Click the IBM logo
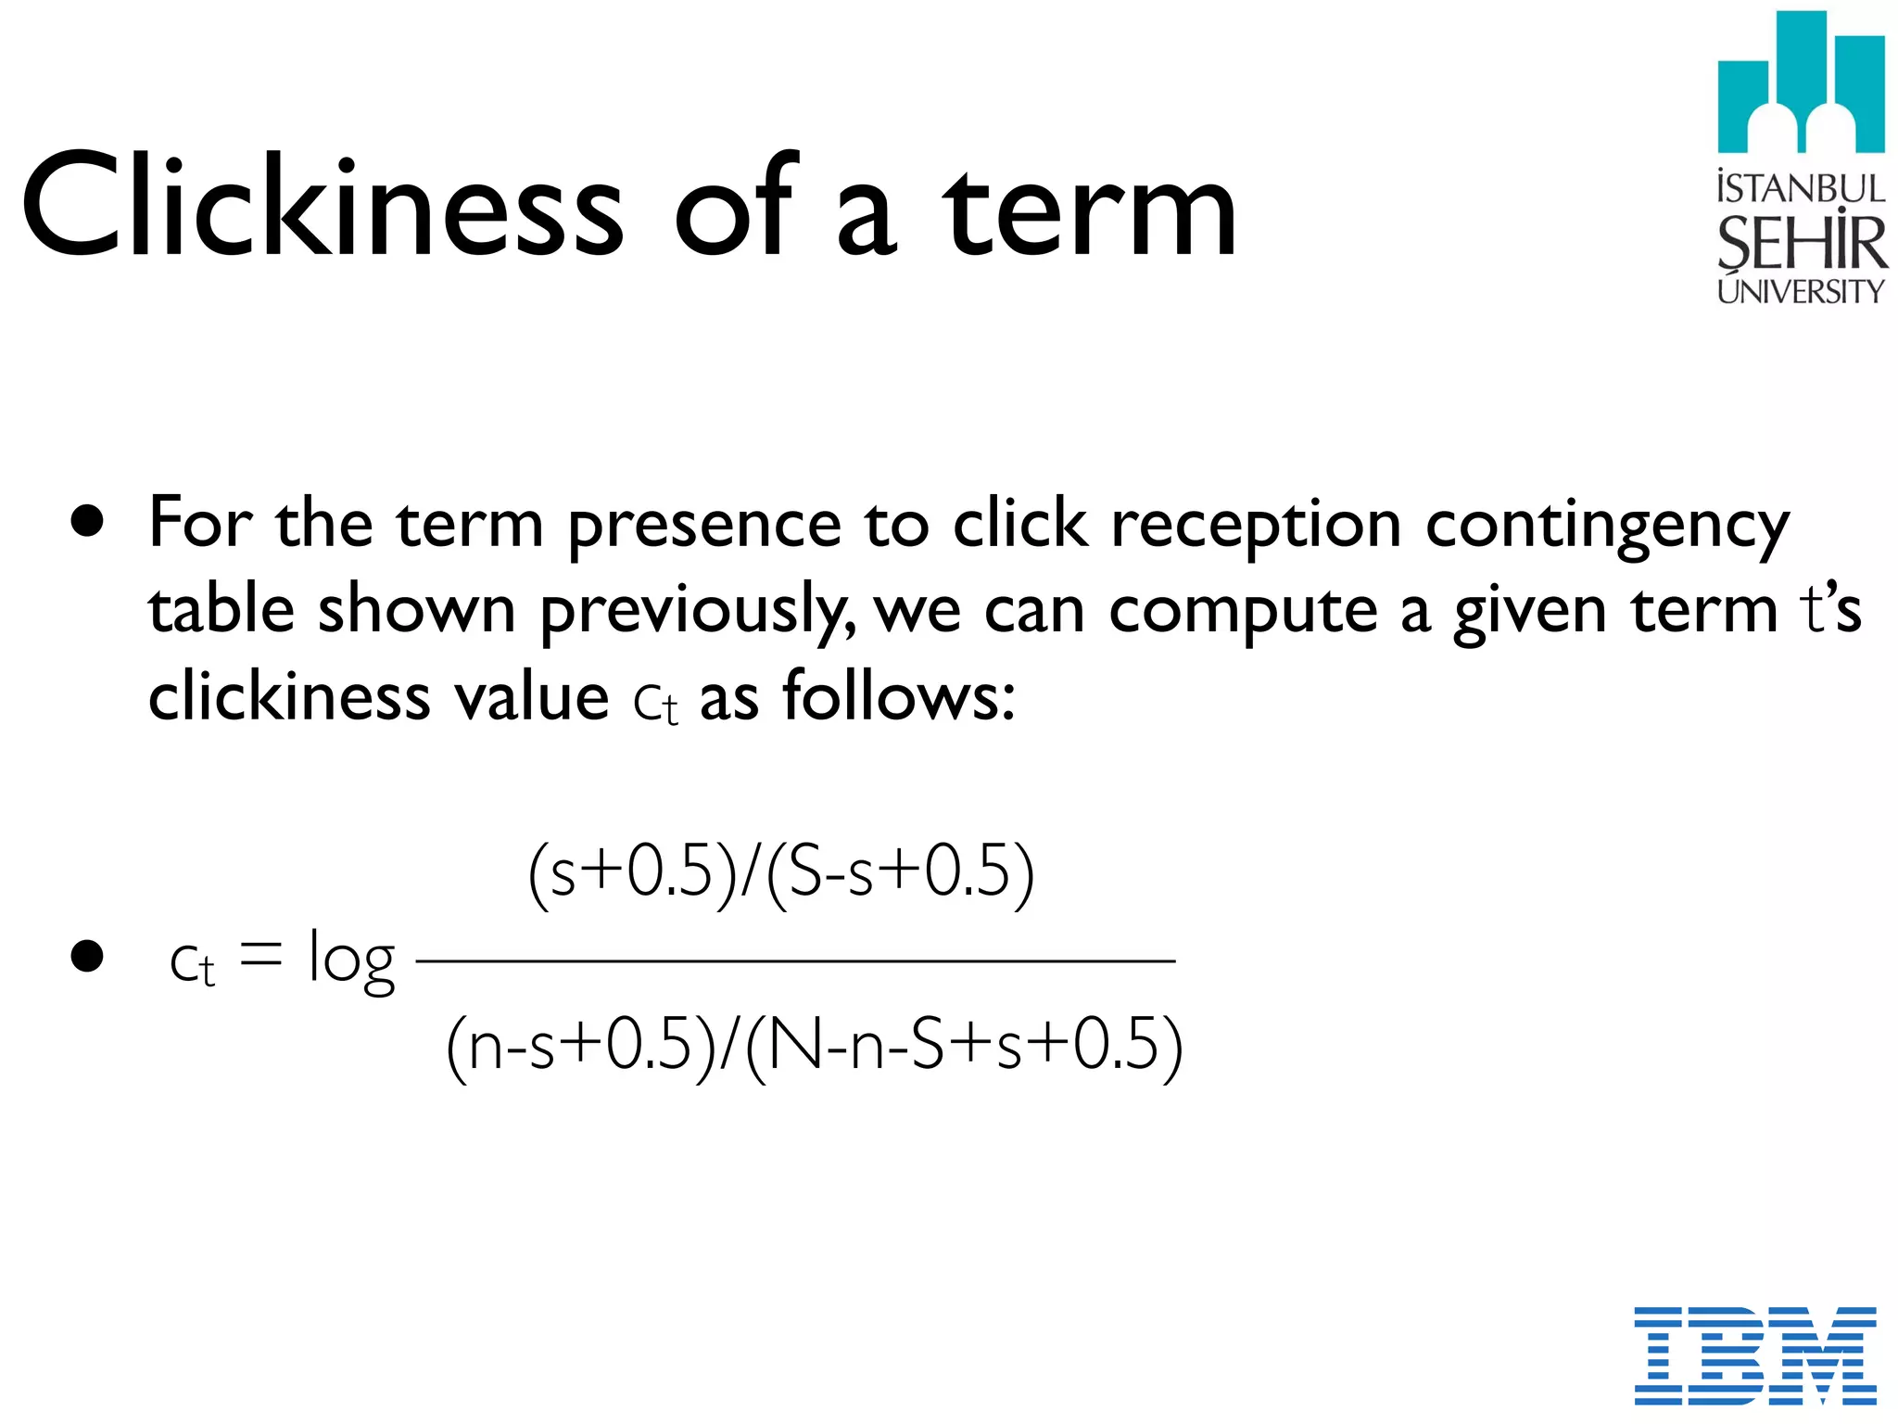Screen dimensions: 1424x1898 click(1754, 1354)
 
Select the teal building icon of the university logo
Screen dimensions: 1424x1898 click(1800, 83)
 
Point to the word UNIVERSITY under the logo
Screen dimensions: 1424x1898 click(1800, 292)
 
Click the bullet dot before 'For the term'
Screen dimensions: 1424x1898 click(87, 522)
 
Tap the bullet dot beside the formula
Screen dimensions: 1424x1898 click(87, 957)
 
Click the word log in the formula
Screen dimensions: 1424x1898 click(351, 961)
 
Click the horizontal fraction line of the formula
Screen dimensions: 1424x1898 click(795, 961)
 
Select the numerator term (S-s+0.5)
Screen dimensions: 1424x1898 click(899, 872)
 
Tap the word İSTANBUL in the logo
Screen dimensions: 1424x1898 click(1801, 188)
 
